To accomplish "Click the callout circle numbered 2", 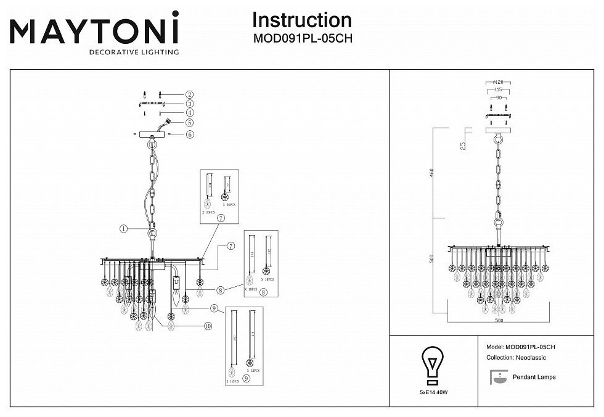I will tap(190, 94).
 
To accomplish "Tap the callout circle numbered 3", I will tap(190, 104).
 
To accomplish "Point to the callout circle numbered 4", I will tap(190, 113).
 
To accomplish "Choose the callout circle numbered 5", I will tap(190, 123).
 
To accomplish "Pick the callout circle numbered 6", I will tap(190, 134).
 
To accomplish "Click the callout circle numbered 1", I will tap(124, 228).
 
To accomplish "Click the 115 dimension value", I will tap(497, 90).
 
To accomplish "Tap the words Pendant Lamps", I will tap(534, 377).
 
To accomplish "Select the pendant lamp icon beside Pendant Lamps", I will tap(495, 376).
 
